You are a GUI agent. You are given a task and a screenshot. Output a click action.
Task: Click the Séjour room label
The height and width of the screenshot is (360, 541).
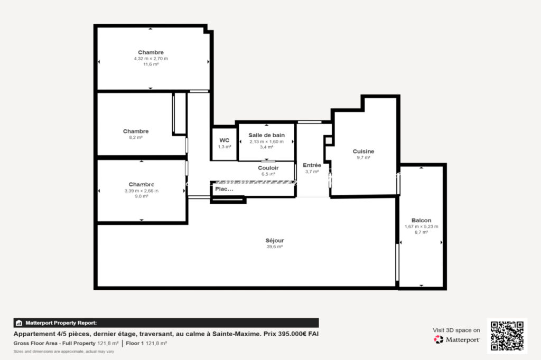pos(274,240)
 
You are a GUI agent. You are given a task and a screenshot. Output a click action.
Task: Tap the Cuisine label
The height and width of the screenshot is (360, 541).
pos(363,151)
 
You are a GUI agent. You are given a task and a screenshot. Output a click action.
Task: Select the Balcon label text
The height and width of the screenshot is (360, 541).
pos(421,221)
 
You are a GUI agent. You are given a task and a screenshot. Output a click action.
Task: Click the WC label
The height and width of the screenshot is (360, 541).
pos(225,140)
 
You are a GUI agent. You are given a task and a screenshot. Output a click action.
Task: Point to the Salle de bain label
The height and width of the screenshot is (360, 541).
pos(266,135)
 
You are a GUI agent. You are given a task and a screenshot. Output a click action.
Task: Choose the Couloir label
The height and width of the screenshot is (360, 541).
pos(268,168)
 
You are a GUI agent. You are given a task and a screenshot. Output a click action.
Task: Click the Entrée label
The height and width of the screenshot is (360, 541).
pos(312,165)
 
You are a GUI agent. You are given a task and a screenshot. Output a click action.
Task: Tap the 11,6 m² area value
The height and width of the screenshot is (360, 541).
pos(151,64)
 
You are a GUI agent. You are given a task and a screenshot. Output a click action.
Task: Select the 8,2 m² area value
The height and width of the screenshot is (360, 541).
pos(136,137)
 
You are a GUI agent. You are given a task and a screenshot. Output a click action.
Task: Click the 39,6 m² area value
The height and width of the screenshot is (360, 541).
pos(274,247)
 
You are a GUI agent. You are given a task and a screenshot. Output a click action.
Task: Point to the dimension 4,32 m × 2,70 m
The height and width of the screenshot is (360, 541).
pos(151,59)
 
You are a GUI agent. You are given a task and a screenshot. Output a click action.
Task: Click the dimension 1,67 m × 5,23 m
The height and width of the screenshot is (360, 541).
pos(421,226)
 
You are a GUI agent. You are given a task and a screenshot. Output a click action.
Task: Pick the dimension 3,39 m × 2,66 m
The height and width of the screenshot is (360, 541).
pos(141,191)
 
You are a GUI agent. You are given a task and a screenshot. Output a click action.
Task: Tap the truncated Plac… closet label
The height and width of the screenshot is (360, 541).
pos(224,188)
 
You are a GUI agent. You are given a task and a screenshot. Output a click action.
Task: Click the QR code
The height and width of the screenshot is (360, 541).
pos(507,336)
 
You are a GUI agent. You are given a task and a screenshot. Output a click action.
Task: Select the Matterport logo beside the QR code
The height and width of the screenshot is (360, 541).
pos(457,339)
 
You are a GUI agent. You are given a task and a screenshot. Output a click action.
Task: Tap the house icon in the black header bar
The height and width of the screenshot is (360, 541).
pos(19,323)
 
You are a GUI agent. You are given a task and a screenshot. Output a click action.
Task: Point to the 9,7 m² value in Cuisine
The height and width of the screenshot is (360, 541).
pos(363,157)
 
